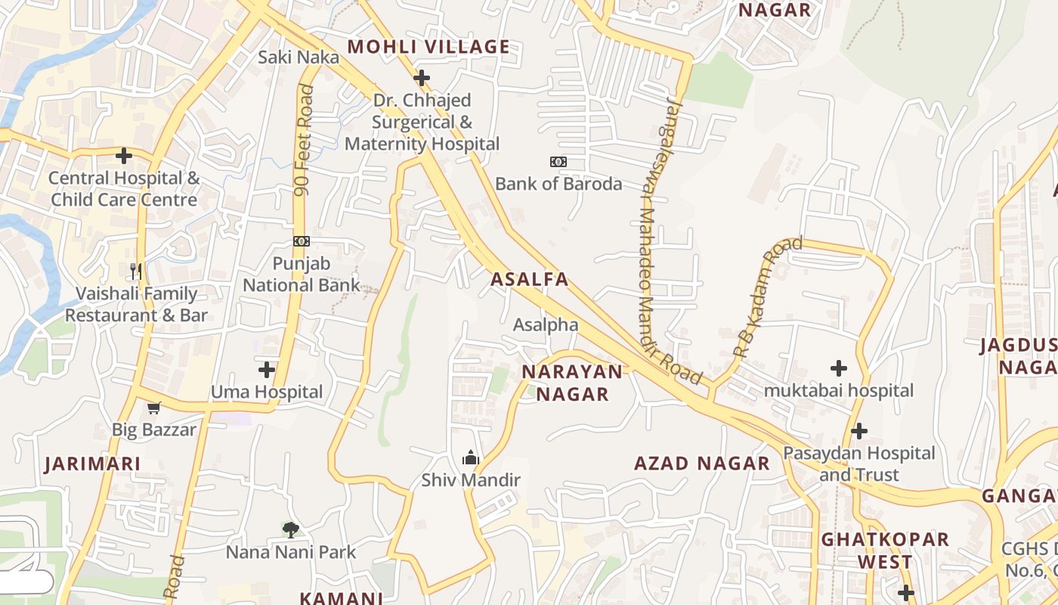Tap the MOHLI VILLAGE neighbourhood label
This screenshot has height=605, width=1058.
(428, 47)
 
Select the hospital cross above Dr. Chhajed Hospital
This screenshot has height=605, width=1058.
(422, 77)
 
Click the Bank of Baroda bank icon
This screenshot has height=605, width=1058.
(558, 162)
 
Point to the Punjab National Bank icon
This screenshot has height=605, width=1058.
(302, 241)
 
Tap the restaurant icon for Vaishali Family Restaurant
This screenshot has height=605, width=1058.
(136, 271)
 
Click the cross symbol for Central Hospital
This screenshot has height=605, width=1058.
(124, 156)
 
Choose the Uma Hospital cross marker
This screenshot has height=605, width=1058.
(267, 370)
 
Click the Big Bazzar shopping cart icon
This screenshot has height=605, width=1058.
(154, 408)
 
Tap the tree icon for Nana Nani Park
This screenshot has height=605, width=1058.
(290, 529)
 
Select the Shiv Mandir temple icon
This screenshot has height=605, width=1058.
(471, 458)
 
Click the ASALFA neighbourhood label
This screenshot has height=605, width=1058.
(529, 279)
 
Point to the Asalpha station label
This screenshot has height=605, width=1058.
(546, 325)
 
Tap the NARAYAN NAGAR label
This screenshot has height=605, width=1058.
(572, 383)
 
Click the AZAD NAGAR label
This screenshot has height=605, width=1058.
(702, 464)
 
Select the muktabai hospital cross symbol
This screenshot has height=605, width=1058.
(839, 368)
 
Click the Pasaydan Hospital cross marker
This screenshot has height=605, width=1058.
(859, 431)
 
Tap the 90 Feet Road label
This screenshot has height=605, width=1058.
(305, 141)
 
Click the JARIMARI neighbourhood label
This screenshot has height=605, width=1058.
(92, 464)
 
